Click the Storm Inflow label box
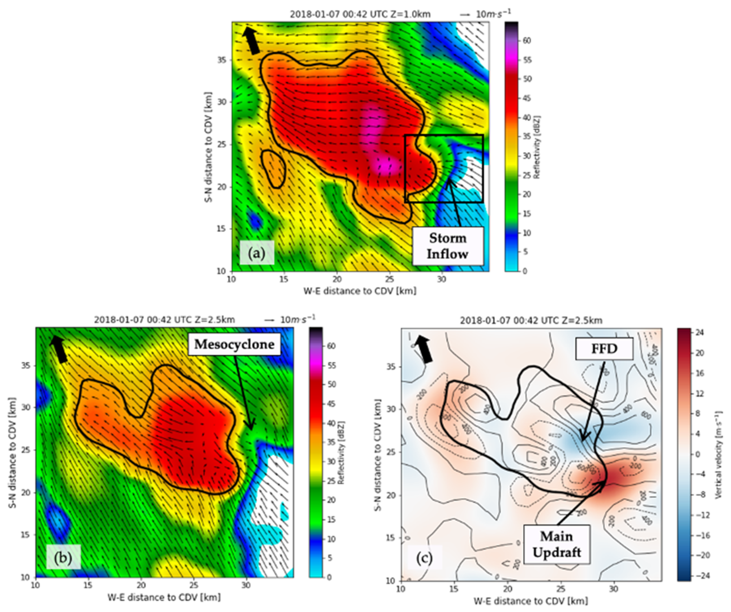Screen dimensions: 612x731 pos(448,246)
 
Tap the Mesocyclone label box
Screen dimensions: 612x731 pos(234,344)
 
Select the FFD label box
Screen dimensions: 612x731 pos(604,349)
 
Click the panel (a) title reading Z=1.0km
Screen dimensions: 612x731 pos(360,14)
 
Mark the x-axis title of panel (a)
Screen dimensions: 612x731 pos(360,291)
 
